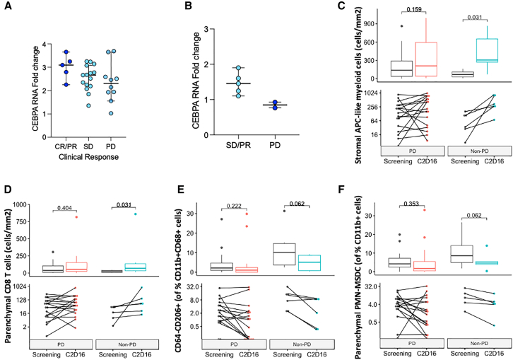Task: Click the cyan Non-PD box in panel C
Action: point(487,50)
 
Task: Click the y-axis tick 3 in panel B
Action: point(189,30)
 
